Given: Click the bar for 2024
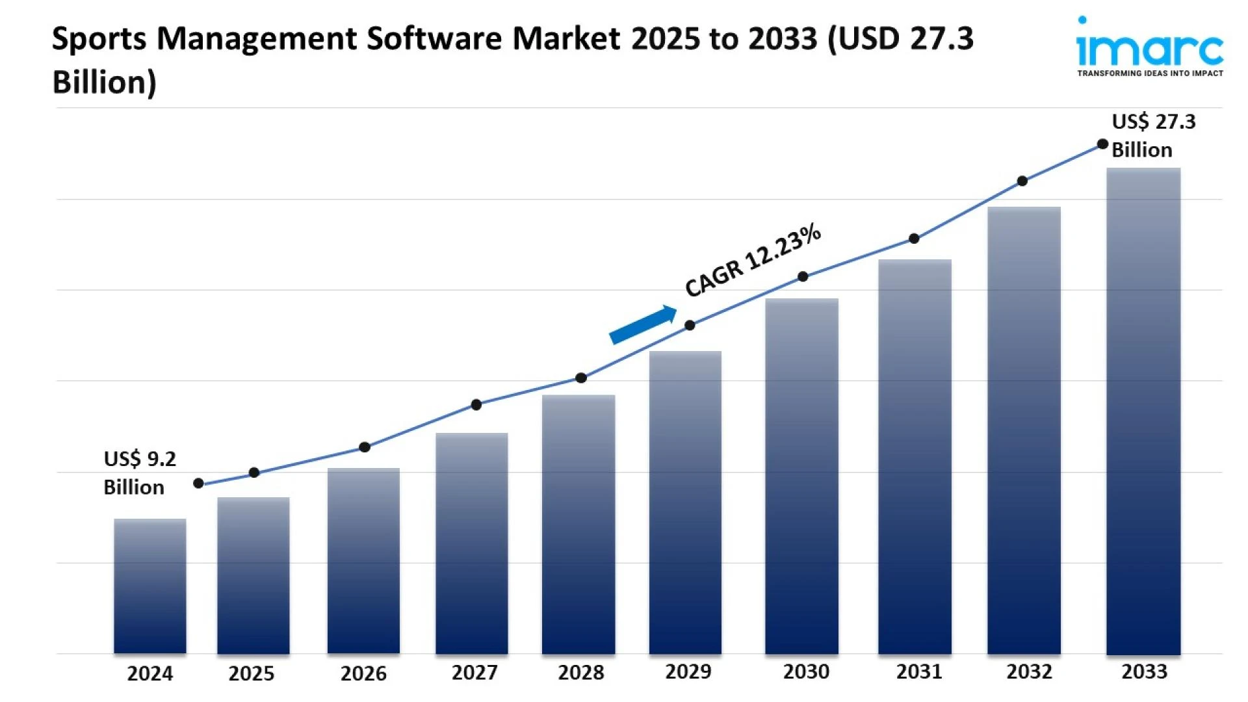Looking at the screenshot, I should click(150, 585).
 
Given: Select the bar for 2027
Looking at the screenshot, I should click(472, 543).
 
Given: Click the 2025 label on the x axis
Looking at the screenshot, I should click(252, 673).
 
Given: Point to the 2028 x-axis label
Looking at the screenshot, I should click(581, 672).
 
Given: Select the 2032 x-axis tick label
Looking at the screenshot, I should click(1030, 671).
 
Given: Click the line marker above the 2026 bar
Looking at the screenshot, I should click(365, 447).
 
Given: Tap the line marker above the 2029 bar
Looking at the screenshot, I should click(690, 325).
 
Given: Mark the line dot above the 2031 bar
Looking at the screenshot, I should click(914, 239).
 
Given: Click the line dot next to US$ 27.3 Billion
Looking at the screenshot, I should click(1102, 144).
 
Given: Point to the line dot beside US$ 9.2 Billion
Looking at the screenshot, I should click(199, 483).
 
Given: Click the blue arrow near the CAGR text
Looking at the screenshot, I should click(642, 324).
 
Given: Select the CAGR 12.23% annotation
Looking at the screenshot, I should click(753, 260).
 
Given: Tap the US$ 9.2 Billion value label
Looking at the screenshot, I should click(139, 473).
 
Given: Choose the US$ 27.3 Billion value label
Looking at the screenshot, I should click(1152, 135).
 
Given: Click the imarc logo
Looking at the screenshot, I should click(1149, 44).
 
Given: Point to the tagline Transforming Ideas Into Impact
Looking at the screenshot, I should click(1150, 73).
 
